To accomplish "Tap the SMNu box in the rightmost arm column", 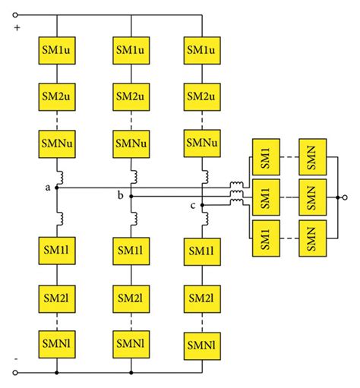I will (204, 142).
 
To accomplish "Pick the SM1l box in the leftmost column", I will (56, 250).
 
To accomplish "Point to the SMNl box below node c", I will (204, 345).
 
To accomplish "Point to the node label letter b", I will (121, 196).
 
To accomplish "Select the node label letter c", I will (192, 206).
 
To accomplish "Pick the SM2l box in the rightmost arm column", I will (204, 298).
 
